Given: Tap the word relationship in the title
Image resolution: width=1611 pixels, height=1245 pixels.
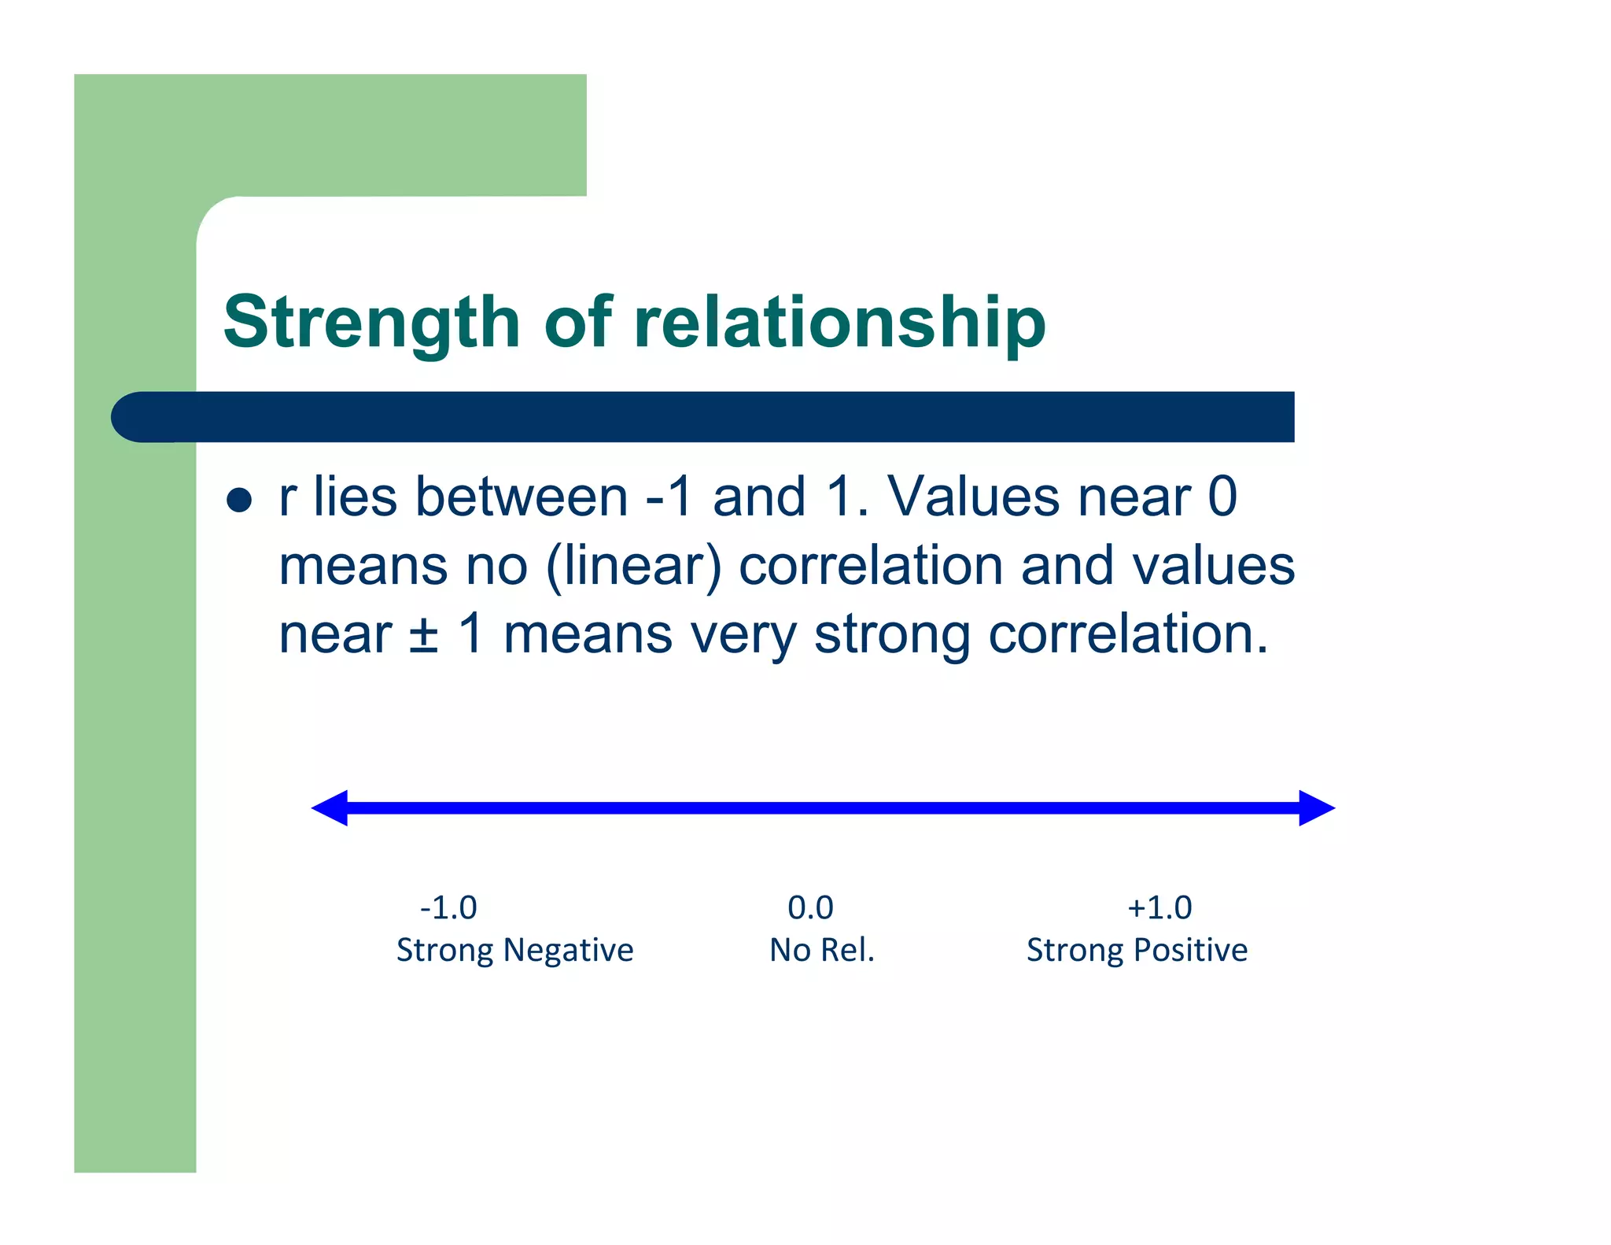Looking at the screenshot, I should [x=839, y=323].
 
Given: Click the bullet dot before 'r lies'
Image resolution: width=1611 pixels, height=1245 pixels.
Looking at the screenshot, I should [x=238, y=500].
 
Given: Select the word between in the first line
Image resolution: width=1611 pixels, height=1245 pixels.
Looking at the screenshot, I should [x=521, y=497].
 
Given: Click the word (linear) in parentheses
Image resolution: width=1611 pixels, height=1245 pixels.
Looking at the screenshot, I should [x=633, y=567].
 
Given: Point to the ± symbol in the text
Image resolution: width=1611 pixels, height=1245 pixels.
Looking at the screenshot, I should [x=423, y=635].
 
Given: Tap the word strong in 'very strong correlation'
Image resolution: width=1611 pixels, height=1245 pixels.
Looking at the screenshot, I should [x=892, y=635].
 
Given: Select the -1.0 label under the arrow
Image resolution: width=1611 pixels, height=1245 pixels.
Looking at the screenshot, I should [x=448, y=907].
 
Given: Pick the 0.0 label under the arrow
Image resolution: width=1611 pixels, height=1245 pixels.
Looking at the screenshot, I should [x=810, y=907].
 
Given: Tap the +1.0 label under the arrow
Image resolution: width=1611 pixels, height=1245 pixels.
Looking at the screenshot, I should [x=1159, y=907].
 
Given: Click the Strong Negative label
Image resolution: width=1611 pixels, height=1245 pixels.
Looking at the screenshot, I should [x=514, y=950].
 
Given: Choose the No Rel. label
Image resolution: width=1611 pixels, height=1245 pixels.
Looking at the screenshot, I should [x=821, y=950].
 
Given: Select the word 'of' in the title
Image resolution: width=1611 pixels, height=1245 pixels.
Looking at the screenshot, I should [x=577, y=323].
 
